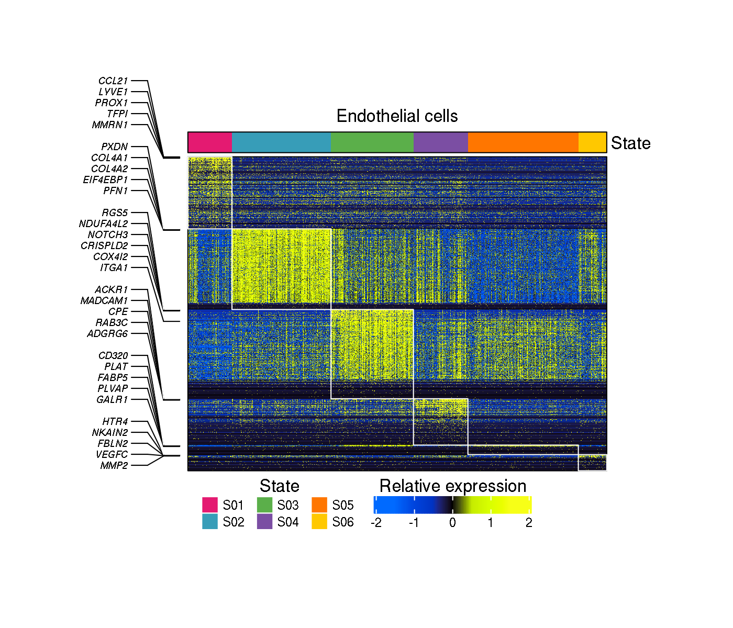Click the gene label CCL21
coord(113,81)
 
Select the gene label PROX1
coord(112,103)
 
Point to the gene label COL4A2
coord(109,169)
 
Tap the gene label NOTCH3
coord(108,235)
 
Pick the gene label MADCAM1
coord(104,301)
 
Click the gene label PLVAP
coord(113,389)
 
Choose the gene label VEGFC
coord(112,455)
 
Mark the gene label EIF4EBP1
coord(105,180)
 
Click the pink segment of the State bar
coord(210,142)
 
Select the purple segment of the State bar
coord(440,142)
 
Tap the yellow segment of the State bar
coord(592,142)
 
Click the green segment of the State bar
coord(372,142)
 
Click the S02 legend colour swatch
coord(210,522)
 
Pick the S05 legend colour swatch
coord(319,505)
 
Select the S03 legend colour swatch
coord(265,505)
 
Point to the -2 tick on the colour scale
coord(376,522)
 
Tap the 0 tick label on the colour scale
coord(452,522)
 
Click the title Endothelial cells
coord(397,116)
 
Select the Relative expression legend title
coord(453,486)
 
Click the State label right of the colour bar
coord(630,143)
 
